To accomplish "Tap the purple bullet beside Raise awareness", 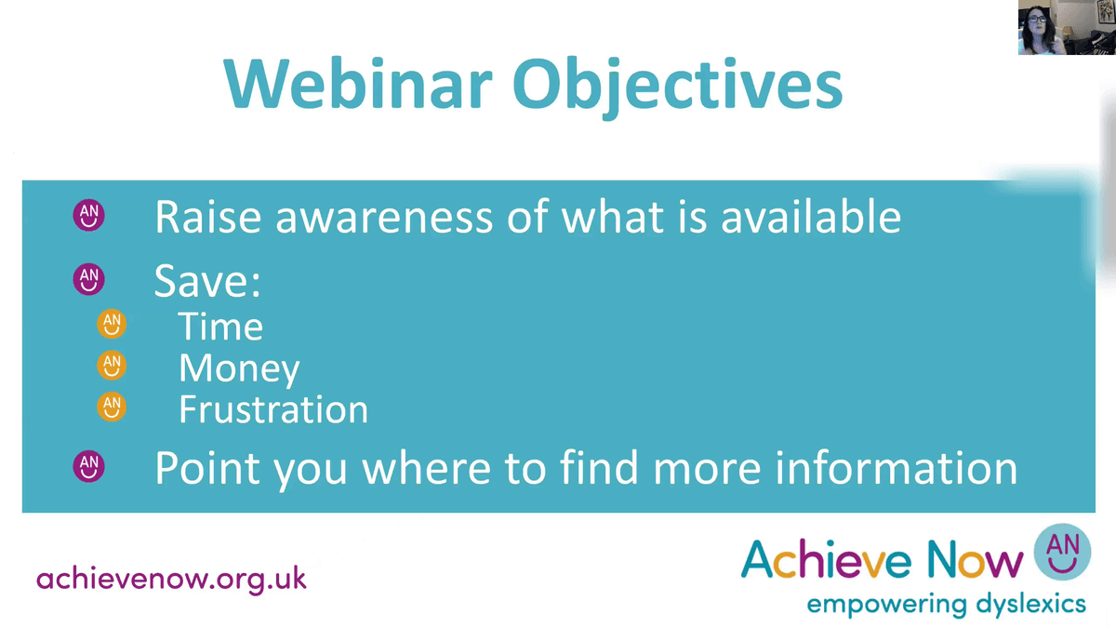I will [x=89, y=216].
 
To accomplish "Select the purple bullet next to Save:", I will [x=89, y=277].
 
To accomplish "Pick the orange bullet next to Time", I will [x=111, y=325].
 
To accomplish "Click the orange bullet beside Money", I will [x=111, y=366].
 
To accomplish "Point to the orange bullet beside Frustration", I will [x=111, y=408].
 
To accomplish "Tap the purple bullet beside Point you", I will [x=89, y=465].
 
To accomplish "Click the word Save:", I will [x=206, y=280].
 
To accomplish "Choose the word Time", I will [x=220, y=327].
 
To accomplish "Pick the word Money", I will [x=239, y=368].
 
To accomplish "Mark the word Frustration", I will [x=273, y=409].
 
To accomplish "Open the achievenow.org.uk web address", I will [x=171, y=578].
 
